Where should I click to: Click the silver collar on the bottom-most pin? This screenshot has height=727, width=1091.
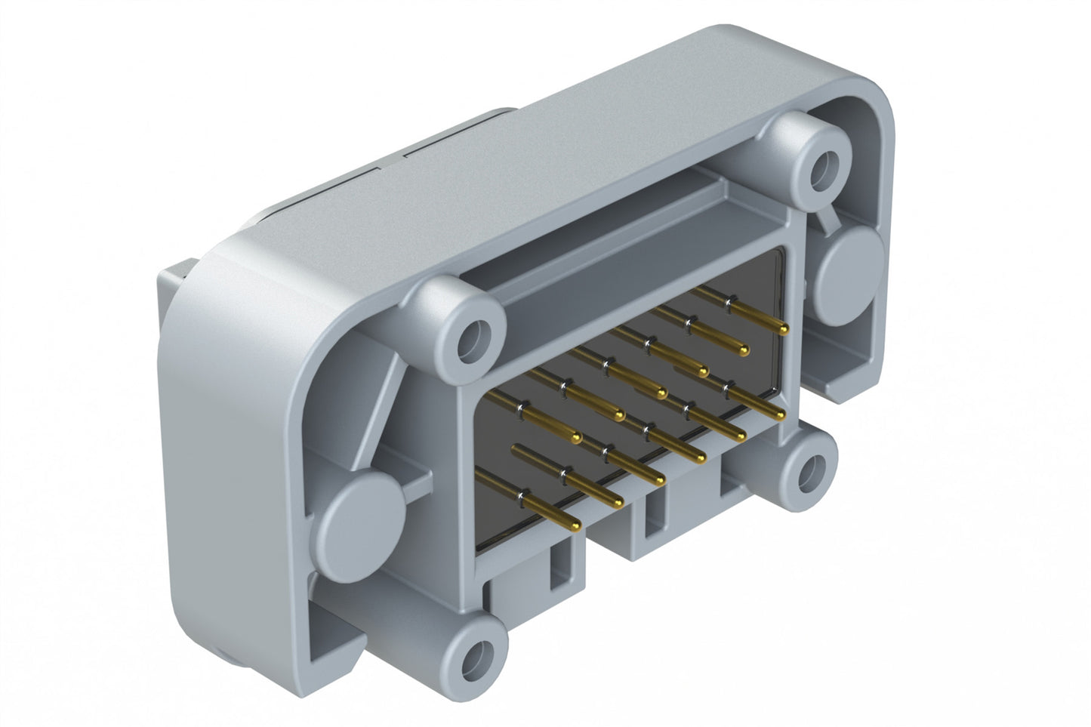pos(520,495)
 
